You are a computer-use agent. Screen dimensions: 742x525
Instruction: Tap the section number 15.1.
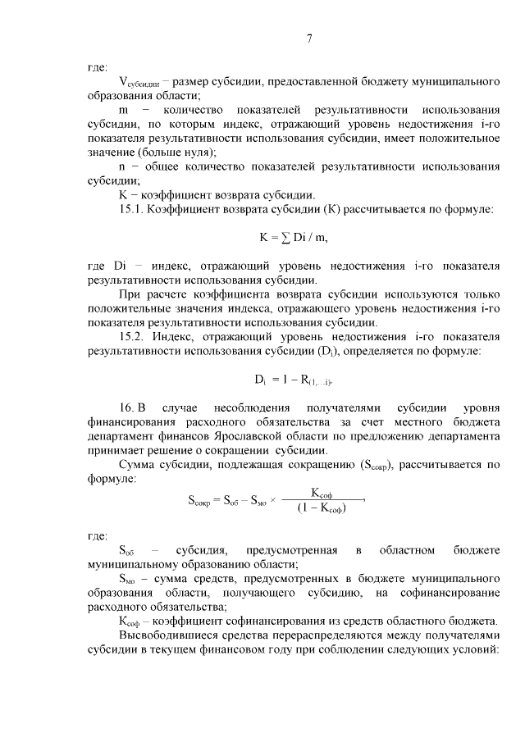pos(134,210)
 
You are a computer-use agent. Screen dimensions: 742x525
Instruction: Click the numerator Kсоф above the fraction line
pos(321,492)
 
